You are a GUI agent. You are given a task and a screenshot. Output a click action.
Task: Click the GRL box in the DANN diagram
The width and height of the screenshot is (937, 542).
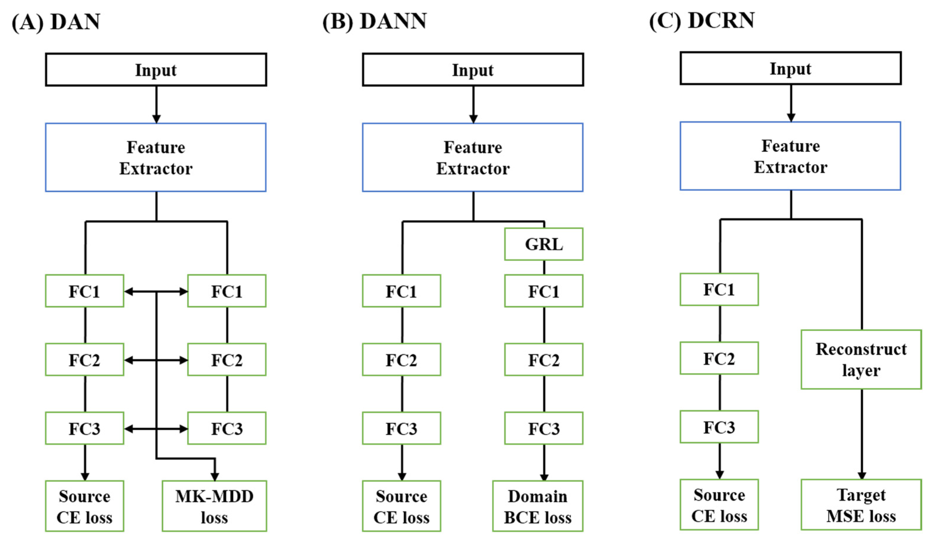pos(543,244)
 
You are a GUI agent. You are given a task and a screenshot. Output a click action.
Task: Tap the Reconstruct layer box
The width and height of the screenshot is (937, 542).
pos(861,359)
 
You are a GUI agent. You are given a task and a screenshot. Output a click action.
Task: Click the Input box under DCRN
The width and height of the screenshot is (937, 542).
pos(790,68)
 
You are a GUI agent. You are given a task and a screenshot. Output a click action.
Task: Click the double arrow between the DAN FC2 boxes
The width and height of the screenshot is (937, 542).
pos(156,360)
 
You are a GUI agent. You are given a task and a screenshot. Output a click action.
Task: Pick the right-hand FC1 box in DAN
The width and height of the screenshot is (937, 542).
pos(227,291)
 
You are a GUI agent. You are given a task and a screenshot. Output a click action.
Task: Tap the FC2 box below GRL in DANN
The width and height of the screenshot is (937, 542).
pos(543,360)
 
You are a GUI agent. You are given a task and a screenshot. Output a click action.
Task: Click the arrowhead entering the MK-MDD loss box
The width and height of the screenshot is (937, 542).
pos(214,476)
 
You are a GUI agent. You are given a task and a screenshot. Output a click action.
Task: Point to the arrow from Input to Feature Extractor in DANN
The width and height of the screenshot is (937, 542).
pos(473,104)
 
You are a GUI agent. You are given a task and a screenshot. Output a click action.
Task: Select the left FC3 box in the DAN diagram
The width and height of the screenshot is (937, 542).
pos(84,428)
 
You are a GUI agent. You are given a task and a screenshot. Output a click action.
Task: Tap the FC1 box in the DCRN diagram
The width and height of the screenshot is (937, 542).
pos(719,289)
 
